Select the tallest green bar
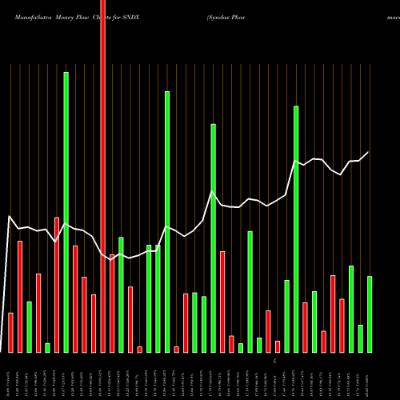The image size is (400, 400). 66,212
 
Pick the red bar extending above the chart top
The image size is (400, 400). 102,176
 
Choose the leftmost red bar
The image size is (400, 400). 10,332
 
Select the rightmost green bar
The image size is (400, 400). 370,314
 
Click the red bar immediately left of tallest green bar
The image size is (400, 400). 57,284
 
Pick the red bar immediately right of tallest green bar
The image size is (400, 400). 75,298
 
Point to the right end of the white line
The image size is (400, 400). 369,152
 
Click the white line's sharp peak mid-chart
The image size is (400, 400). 212,192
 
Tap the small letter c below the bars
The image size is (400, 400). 274,362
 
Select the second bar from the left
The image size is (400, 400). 20,296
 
